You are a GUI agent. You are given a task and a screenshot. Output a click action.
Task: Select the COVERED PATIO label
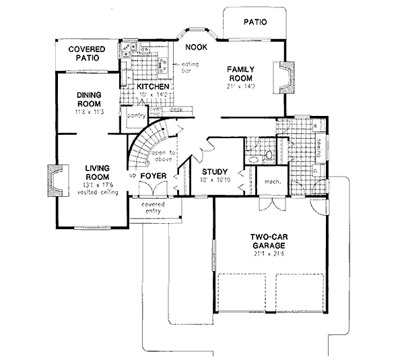pyautogui.click(x=88, y=54)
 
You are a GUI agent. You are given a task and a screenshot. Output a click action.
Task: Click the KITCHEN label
pyautogui.click(x=152, y=87)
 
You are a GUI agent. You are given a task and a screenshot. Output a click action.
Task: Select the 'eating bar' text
pyautogui.click(x=183, y=67)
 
